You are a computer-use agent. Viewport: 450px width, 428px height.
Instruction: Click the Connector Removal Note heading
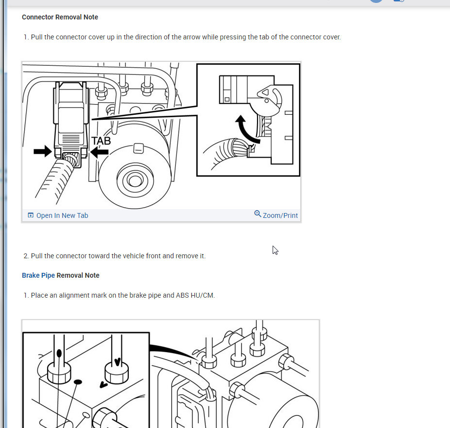coord(60,17)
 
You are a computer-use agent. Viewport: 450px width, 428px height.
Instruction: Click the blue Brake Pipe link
coord(38,275)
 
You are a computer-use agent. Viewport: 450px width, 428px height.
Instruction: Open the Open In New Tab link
coord(62,215)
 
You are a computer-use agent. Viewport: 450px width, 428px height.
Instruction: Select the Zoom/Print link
coord(280,215)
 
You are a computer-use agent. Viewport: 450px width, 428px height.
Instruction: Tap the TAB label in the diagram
coord(101,141)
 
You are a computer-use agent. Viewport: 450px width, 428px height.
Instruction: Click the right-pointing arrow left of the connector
coord(42,151)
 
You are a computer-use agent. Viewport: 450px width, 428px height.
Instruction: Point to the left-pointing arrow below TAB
coord(99,152)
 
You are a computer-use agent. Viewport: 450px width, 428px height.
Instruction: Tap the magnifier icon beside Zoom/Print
coord(258,214)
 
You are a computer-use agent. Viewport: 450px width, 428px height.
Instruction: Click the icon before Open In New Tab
coord(31,215)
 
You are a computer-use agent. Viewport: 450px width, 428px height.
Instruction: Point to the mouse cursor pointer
coord(275,250)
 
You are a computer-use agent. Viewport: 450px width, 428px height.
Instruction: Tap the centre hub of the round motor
coord(135,180)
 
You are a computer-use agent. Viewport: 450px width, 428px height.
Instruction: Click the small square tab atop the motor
coord(138,148)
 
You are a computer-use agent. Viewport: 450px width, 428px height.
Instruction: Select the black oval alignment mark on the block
coord(78,382)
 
